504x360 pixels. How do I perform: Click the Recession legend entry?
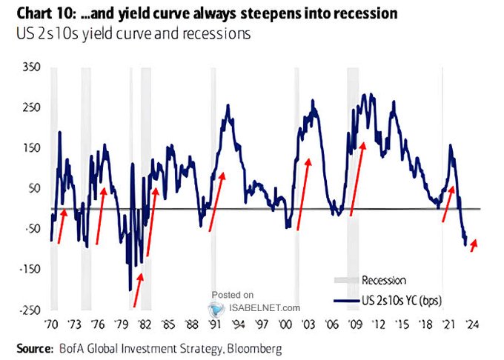[383, 280]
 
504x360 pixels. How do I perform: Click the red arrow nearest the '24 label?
[474, 244]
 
